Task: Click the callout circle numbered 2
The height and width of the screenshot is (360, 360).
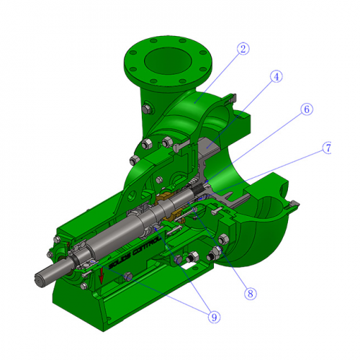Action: [x=243, y=49]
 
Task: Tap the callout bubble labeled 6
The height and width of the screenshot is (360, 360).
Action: [x=306, y=109]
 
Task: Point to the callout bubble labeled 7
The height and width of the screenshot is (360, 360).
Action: [x=328, y=148]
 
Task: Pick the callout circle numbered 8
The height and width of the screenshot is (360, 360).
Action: [x=250, y=293]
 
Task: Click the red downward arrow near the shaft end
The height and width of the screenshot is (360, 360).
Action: [x=102, y=274]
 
